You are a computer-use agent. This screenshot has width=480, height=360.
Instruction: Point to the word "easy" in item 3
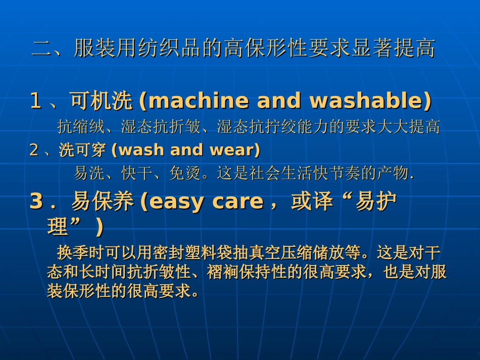point(177,201)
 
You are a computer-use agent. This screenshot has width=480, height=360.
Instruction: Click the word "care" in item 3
point(237,201)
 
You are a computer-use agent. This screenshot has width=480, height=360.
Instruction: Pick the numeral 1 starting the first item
point(35,101)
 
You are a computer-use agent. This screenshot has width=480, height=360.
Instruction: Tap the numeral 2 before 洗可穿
point(34,150)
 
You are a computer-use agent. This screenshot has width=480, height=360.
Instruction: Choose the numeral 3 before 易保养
point(36,201)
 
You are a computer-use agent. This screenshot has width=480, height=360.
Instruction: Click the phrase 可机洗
point(101,101)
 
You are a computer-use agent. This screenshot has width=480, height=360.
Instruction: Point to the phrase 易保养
point(102,201)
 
